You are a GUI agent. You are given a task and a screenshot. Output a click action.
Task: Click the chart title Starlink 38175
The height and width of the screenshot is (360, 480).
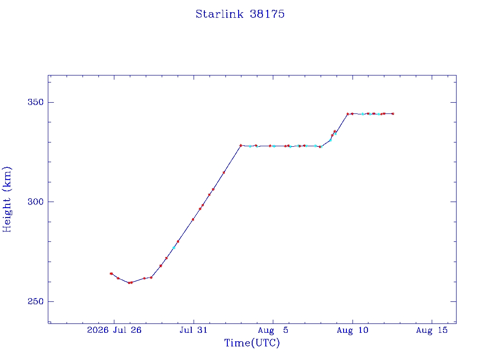pos(240,14)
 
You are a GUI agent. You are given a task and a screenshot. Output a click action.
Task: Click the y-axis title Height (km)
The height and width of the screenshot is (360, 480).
pos(7,200)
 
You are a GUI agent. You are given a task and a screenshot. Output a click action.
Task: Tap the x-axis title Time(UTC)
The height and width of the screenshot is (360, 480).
pos(252,343)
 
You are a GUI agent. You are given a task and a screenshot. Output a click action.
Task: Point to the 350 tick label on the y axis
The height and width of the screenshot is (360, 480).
pos(36,102)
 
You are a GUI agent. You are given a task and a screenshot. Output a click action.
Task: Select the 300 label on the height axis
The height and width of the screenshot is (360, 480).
pos(36,202)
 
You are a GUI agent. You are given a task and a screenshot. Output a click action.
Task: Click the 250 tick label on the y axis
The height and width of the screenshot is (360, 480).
pos(36,301)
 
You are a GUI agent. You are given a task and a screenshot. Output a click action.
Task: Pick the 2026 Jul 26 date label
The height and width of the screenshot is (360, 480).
pos(114,330)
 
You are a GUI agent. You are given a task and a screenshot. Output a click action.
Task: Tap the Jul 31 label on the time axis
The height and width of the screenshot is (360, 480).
pos(194,330)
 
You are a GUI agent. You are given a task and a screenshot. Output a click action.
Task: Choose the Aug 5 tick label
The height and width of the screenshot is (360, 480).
pos(273,330)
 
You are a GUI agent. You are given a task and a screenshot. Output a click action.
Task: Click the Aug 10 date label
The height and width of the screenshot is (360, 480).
pos(352,330)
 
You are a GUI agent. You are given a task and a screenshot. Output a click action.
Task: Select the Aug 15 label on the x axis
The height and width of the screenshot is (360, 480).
pos(432,330)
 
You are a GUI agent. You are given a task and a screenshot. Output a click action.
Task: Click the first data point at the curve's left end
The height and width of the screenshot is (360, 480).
pos(111,274)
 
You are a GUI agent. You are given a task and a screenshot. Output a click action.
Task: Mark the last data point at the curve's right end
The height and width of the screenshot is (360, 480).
pos(393,114)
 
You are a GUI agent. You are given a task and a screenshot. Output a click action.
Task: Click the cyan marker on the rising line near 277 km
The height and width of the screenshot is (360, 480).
pos(174,247)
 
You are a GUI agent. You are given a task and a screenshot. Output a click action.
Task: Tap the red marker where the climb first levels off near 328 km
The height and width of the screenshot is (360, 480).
pos(240,145)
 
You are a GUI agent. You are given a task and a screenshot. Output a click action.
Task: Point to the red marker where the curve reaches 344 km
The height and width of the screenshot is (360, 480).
pos(347,114)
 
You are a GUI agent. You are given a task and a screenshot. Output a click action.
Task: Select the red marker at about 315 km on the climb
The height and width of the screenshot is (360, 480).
pos(224,172)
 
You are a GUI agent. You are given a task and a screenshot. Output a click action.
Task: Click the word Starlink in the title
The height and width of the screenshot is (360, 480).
pos(219,14)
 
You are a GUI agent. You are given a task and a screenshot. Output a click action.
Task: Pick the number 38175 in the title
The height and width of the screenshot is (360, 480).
pos(267,14)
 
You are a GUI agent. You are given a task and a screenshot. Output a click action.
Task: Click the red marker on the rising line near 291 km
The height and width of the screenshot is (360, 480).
pos(193,219)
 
